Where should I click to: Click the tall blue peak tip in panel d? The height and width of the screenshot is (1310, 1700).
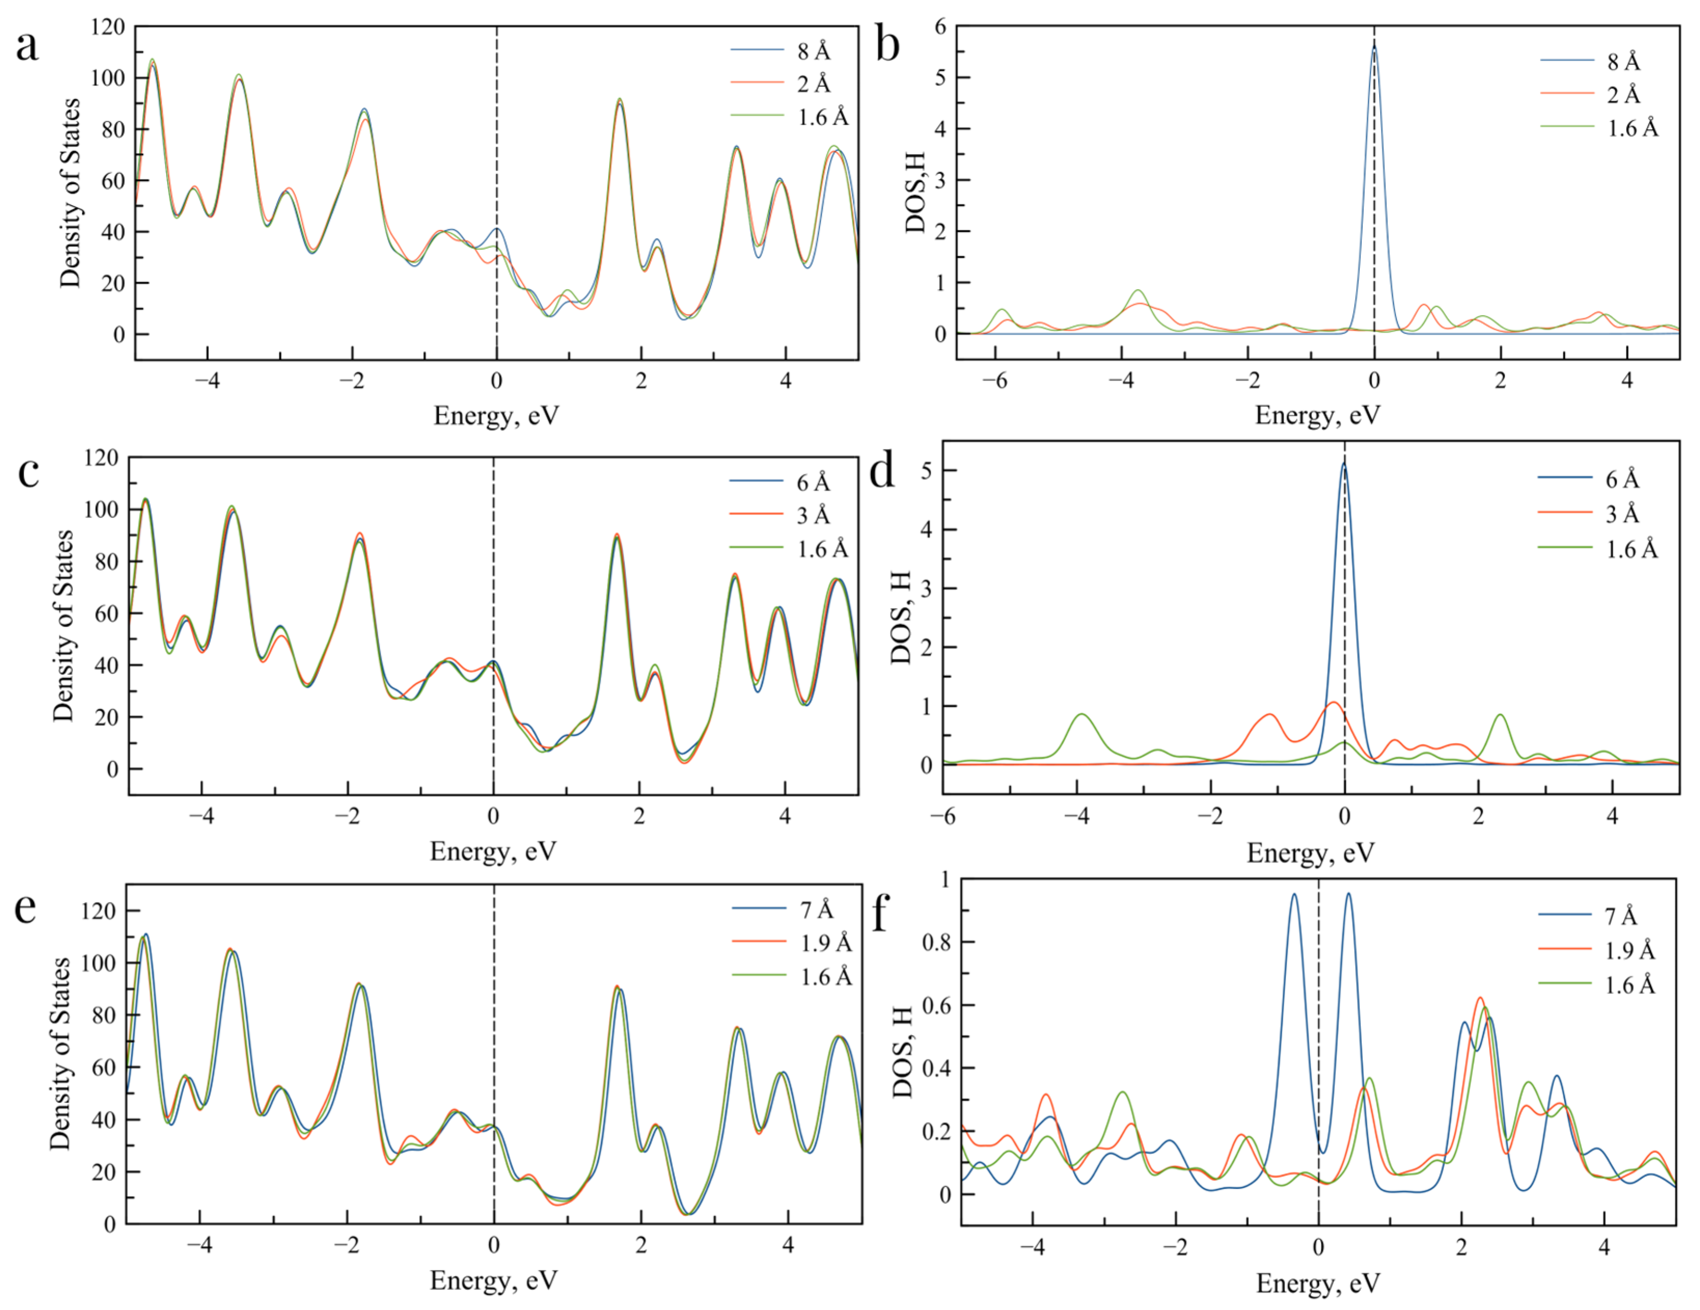[x=1344, y=465]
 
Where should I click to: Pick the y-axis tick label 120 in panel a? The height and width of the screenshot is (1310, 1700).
[x=107, y=28]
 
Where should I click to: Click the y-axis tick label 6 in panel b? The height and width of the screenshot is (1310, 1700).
[x=941, y=28]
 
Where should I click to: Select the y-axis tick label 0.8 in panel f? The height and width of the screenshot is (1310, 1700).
[x=936, y=943]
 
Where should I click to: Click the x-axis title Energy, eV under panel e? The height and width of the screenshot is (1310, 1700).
[x=493, y=1280]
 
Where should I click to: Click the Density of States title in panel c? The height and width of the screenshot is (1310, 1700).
[x=63, y=625]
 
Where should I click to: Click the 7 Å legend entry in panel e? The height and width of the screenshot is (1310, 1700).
[x=817, y=909]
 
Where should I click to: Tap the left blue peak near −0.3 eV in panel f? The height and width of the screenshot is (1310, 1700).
[x=1294, y=895]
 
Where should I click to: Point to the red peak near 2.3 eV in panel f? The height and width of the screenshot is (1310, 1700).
[x=1480, y=998]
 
